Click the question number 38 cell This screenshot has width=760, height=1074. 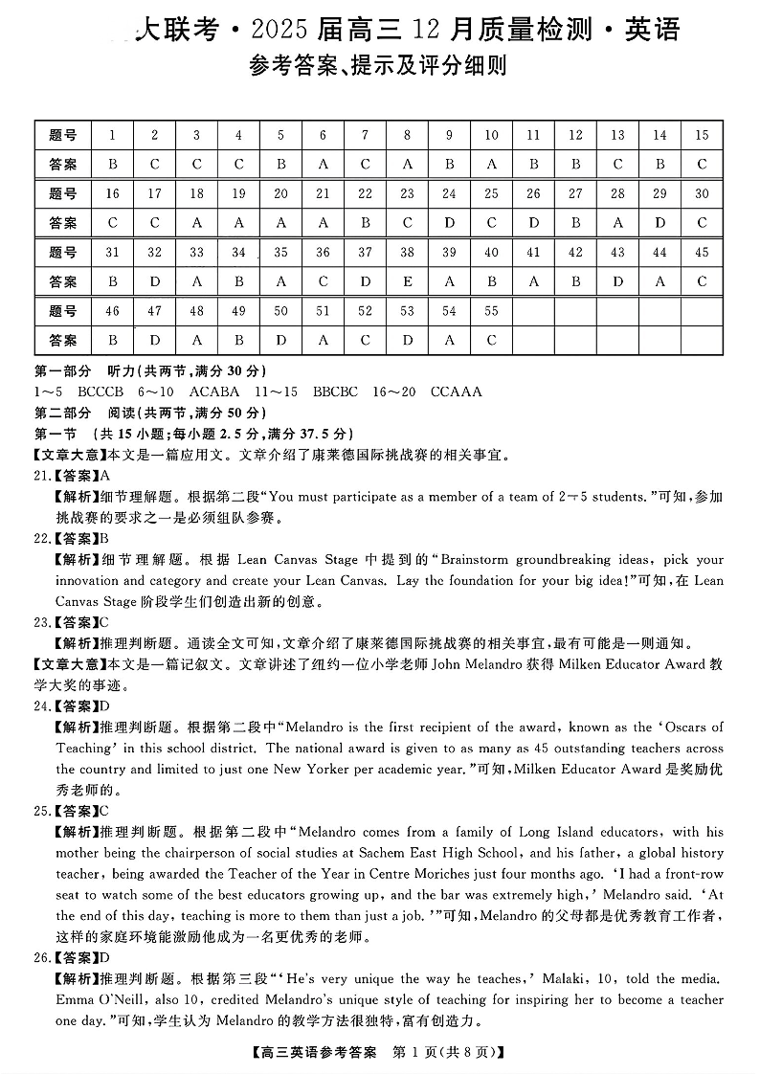pos(407,253)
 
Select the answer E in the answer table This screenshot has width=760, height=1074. pos(407,282)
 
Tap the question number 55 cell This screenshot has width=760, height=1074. pos(491,311)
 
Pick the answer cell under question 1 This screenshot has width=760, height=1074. pos(113,164)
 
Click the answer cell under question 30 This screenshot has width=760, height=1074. pos(702,223)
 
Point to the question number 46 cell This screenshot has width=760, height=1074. pos(113,311)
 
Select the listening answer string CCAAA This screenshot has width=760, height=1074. pos(457,392)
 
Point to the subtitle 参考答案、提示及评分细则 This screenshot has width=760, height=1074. pos(377,66)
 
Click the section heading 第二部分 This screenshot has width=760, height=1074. pos(63,413)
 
